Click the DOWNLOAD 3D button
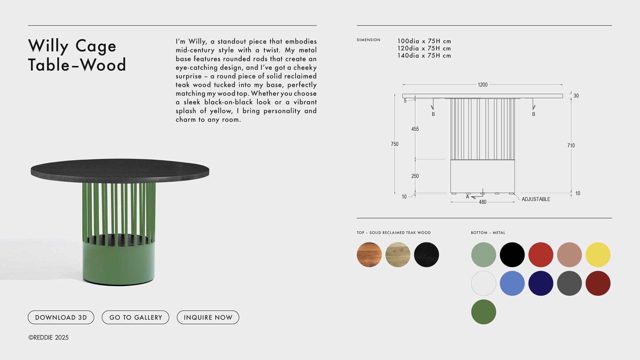click(61, 317)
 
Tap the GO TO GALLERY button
click(135, 317)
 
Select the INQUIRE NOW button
click(208, 317)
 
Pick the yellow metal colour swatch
click(598, 255)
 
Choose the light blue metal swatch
click(512, 283)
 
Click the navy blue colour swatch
click(540, 283)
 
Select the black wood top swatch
click(426, 255)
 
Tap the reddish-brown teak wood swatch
click(369, 255)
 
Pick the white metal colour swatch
click(483, 283)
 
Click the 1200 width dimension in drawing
click(483, 85)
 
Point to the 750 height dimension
click(395, 144)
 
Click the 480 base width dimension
click(483, 202)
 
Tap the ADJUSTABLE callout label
click(536, 199)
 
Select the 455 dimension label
click(415, 129)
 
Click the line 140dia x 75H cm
click(424, 56)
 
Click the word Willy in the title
click(48, 46)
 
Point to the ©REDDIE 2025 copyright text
click(48, 338)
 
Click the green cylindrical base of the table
click(119, 262)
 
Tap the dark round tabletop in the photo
click(120, 169)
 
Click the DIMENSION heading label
click(368, 40)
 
